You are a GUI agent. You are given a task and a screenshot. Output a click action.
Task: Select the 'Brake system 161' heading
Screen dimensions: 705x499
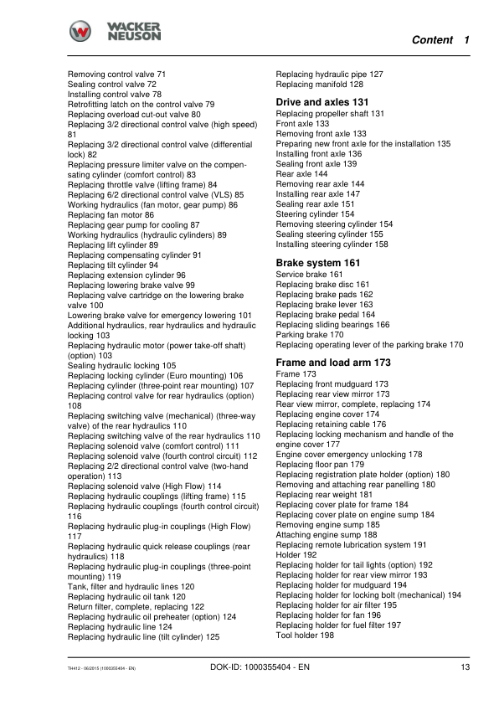coord(318,263)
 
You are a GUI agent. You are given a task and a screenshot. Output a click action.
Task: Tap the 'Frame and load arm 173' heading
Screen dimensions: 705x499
coord(333,363)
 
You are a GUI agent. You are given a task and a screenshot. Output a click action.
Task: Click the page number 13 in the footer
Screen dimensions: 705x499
coord(465,667)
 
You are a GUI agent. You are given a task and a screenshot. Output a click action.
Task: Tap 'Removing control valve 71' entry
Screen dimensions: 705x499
coord(116,75)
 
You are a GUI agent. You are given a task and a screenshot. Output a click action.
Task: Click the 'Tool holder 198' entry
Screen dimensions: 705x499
coord(305,636)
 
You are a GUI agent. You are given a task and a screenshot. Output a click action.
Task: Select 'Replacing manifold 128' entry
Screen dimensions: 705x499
coord(319,85)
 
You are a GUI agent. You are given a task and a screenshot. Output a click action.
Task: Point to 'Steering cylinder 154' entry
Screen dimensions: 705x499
coord(315,214)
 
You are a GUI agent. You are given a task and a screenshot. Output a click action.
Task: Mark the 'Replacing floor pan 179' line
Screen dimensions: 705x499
coord(320,464)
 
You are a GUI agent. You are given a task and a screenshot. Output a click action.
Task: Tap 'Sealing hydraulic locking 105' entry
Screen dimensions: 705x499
coord(121,366)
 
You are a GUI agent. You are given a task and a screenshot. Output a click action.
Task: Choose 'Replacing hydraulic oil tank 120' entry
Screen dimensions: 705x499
coord(126,597)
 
